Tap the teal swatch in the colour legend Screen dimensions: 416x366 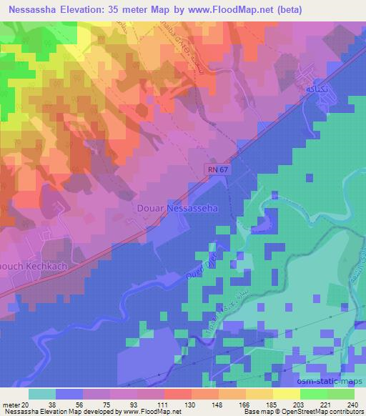coord(43,393)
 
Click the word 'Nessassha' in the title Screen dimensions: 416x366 coord(35,10)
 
